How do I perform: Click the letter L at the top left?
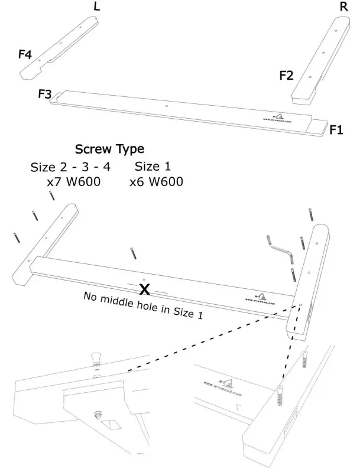(97, 6)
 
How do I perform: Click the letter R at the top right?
(343, 6)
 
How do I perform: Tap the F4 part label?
(25, 54)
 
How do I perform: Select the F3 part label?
(45, 94)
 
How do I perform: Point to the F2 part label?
(286, 75)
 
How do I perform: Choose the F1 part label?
(337, 129)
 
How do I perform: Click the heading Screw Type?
(109, 149)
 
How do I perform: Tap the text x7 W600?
(73, 182)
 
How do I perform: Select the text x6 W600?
(156, 182)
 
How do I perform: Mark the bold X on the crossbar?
(144, 289)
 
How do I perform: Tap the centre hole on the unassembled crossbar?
(168, 107)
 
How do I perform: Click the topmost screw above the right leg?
(310, 214)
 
